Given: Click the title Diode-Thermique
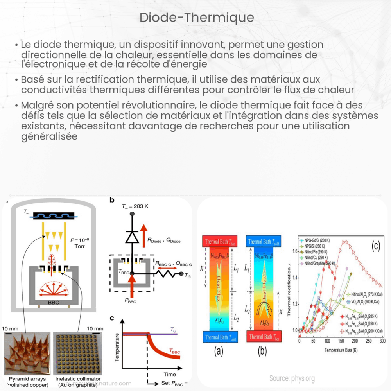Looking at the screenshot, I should [197, 18].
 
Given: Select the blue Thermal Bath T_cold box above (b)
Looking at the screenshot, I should [262, 241].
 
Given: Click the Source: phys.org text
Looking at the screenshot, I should [292, 378].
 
